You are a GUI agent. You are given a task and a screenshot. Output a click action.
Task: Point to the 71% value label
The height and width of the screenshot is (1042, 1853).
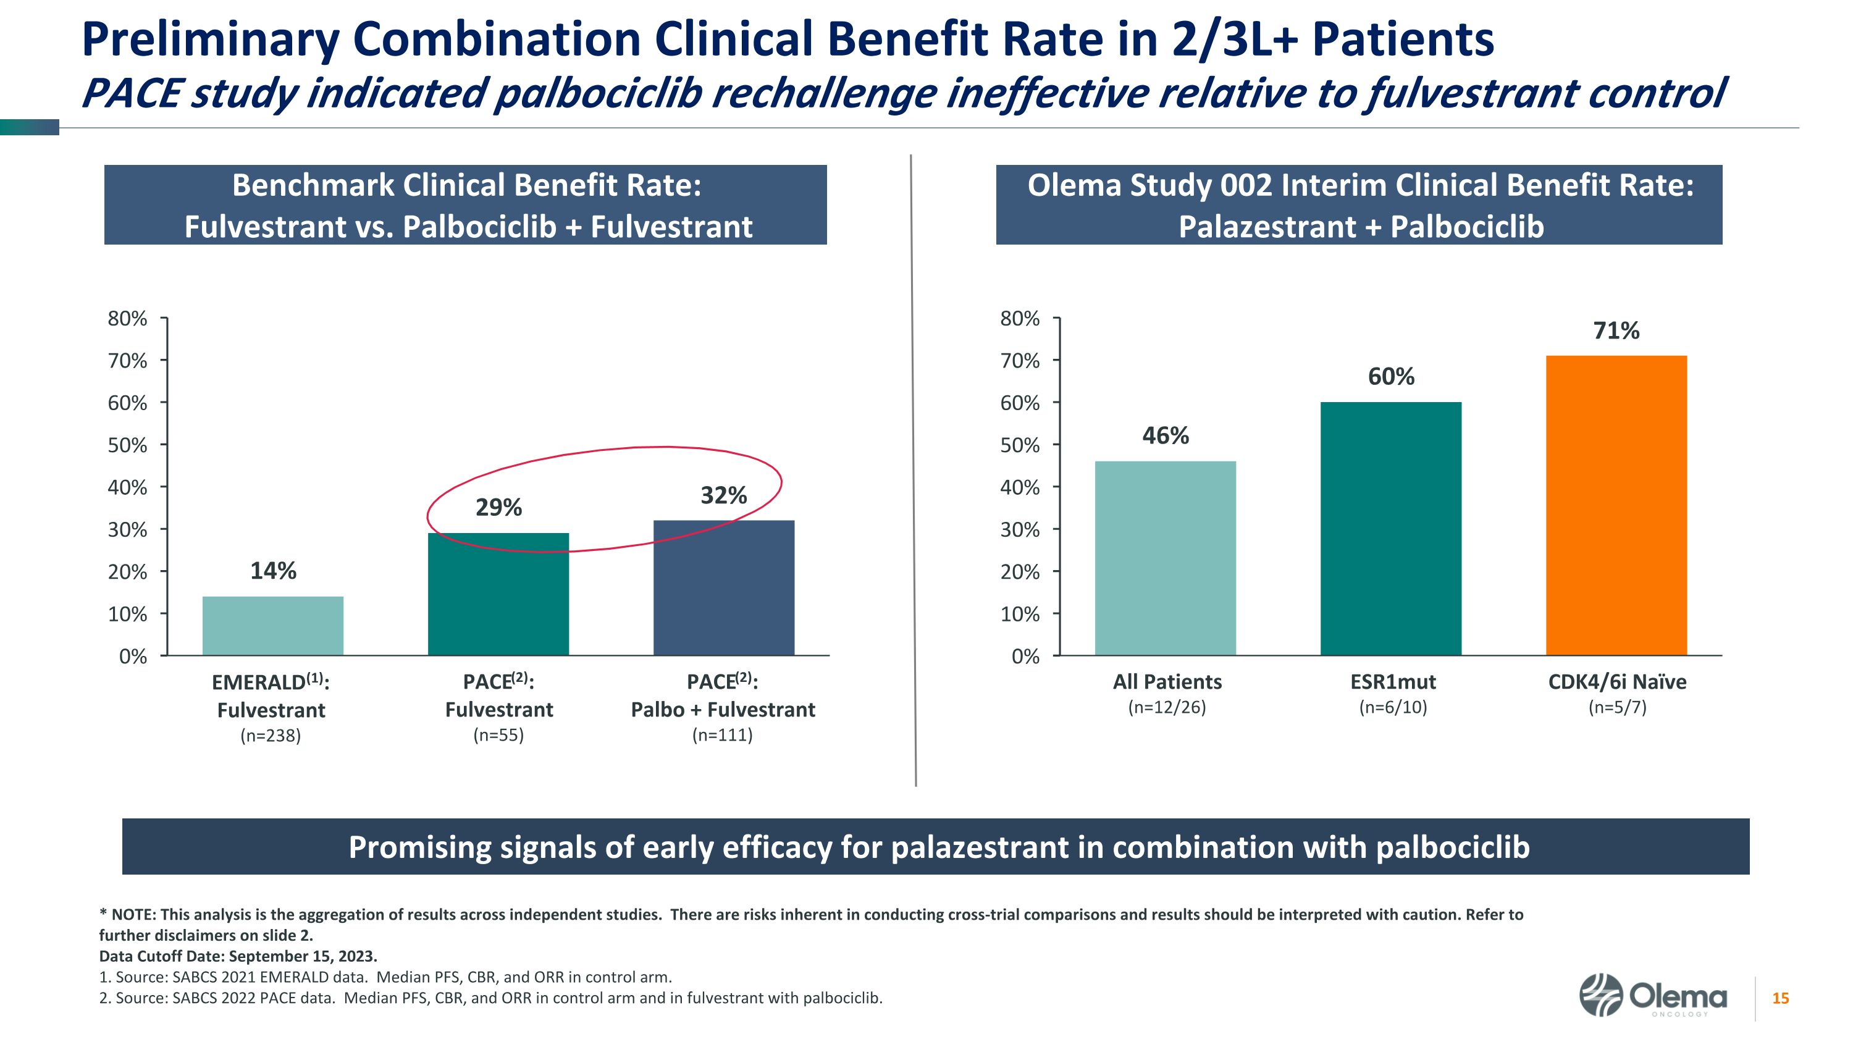pyautogui.click(x=1616, y=331)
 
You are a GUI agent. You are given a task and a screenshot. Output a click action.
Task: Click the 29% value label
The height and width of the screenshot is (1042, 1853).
pyautogui.click(x=498, y=508)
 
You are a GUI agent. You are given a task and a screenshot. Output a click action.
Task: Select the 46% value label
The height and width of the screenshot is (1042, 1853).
pyautogui.click(x=1166, y=436)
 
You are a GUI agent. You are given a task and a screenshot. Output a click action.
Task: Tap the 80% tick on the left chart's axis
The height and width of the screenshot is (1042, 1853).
pyautogui.click(x=127, y=319)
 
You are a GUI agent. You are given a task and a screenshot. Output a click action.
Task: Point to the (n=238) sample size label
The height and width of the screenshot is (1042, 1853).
pyautogui.click(x=271, y=736)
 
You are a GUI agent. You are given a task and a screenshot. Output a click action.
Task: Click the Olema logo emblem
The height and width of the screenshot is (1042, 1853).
pyautogui.click(x=1600, y=995)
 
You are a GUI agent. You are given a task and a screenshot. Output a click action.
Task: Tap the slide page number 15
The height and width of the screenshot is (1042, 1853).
pyautogui.click(x=1780, y=998)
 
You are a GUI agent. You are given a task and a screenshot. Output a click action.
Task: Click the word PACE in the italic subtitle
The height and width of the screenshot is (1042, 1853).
pyautogui.click(x=131, y=95)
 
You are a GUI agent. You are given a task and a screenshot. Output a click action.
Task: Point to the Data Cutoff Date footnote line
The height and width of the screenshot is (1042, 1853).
pyautogui.click(x=238, y=956)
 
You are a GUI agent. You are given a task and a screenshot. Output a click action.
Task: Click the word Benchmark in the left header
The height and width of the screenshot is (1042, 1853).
pyautogui.click(x=313, y=185)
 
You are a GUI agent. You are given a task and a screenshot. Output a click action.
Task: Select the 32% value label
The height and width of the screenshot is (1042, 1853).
pyautogui.click(x=724, y=495)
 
